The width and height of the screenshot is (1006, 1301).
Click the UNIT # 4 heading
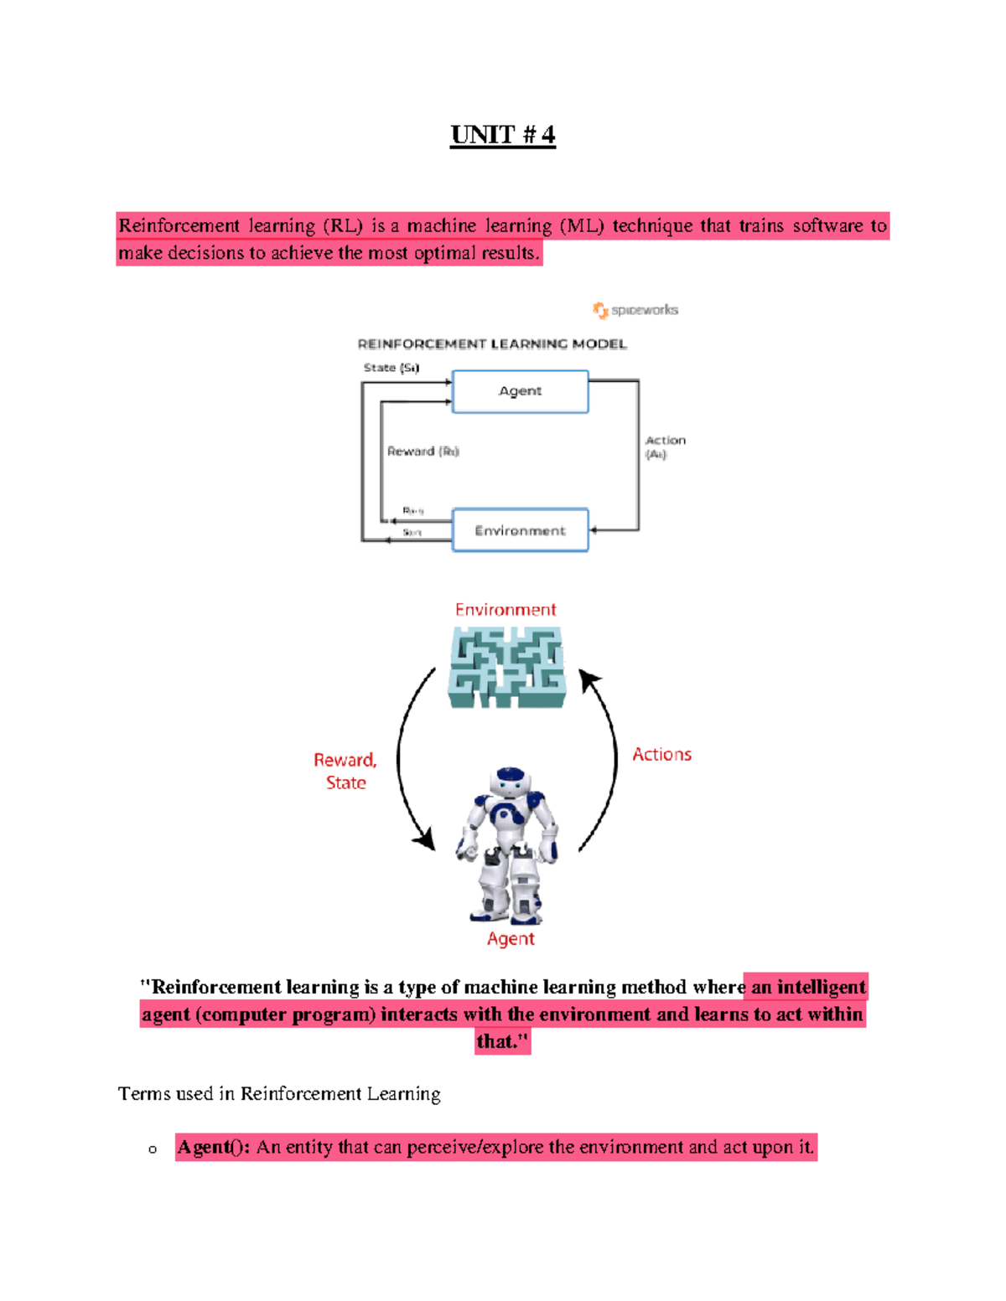(502, 135)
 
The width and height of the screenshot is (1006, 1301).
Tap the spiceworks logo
(635, 310)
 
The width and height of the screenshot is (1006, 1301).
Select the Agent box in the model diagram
(520, 391)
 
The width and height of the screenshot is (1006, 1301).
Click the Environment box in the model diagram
(520, 530)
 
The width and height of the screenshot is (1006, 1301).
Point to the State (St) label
(391, 368)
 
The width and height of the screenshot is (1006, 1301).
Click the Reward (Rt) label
(423, 452)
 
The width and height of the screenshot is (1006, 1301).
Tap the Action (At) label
(665, 447)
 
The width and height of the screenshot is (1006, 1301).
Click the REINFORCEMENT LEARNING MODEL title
(492, 344)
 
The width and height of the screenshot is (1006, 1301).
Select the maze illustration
(507, 668)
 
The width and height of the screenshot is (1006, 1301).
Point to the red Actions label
(661, 755)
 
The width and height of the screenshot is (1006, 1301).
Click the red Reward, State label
(345, 771)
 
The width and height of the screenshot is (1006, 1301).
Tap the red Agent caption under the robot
(511, 939)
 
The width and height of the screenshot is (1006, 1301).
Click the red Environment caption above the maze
(506, 610)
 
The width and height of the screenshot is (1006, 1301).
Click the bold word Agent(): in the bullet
(213, 1147)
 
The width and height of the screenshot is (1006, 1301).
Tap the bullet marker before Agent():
(153, 1149)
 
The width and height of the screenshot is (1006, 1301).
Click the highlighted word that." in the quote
(502, 1041)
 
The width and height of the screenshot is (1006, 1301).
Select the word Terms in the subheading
(143, 1094)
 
